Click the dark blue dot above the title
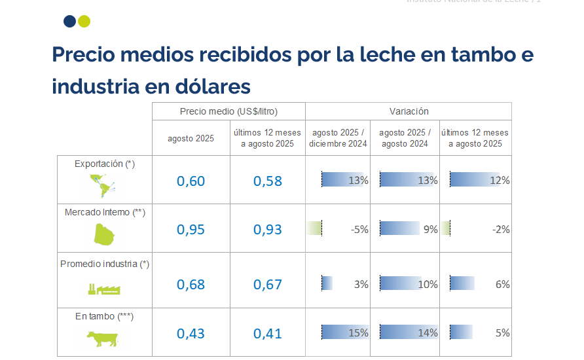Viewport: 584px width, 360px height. click(69, 22)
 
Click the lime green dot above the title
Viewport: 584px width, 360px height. click(84, 22)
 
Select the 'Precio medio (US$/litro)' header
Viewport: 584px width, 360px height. click(229, 111)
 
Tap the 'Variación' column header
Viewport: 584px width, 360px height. click(409, 111)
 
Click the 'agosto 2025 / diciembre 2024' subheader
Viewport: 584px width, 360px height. click(338, 138)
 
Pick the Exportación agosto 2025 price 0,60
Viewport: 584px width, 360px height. click(191, 181)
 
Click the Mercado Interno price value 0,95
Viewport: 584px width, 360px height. click(191, 229)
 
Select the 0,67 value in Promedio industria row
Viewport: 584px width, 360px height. click(268, 284)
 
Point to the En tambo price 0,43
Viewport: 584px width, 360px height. click(191, 333)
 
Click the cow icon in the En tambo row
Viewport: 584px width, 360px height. click(102, 338)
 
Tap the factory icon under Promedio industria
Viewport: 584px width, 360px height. click(105, 289)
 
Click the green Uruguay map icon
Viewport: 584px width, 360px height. click(104, 234)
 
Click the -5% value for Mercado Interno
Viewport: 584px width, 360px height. click(359, 229)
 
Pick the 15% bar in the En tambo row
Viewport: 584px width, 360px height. click(344, 333)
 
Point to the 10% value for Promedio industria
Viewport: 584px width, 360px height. click(428, 284)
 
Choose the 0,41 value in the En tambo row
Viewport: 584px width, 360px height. click(268, 333)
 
